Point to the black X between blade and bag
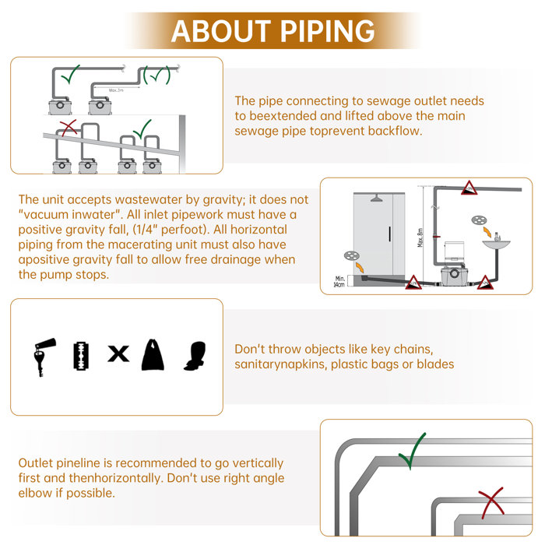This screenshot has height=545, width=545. [x=118, y=354]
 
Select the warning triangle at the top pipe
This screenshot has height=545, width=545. [x=469, y=188]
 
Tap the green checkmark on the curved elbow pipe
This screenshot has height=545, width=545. [x=411, y=451]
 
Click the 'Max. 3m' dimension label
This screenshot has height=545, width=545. [x=118, y=91]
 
